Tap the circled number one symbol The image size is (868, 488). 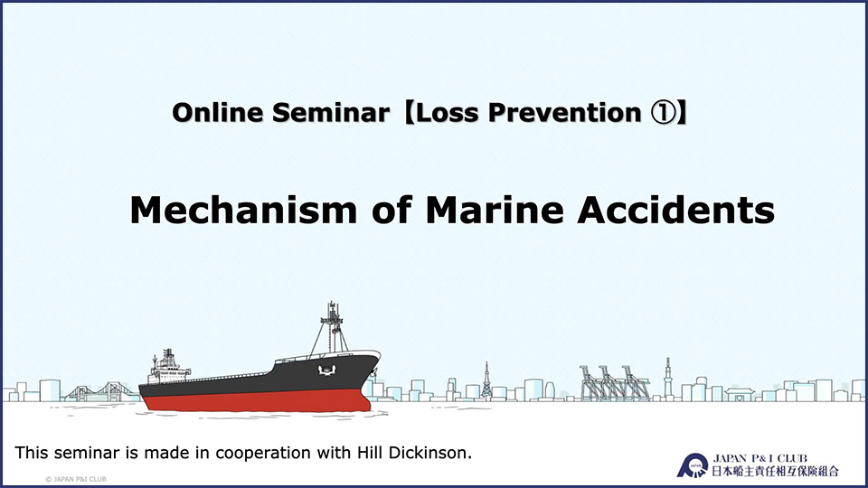(662, 112)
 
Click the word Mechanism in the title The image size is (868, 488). (243, 211)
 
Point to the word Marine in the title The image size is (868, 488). (495, 211)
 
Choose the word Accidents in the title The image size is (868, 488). (675, 211)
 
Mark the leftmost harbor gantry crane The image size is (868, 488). (591, 382)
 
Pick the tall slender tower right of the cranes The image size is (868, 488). (667, 378)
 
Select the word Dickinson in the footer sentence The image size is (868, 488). (430, 453)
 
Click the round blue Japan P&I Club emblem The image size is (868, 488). (693, 465)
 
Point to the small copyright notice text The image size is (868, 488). (76, 479)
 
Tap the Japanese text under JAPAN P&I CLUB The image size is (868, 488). (775, 472)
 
